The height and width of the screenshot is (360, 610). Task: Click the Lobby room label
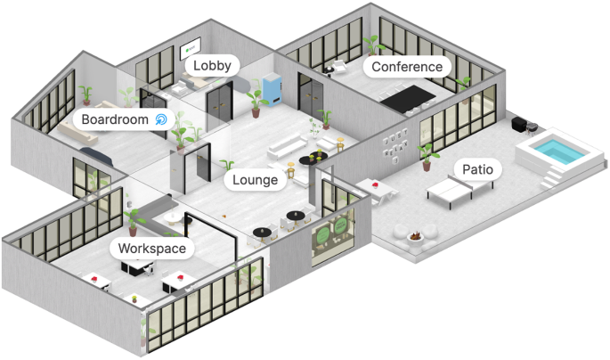pos(212,65)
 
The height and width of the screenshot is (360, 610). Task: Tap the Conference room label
pos(406,67)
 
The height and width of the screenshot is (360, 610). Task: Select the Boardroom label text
pos(115,119)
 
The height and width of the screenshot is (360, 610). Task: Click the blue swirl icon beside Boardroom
pos(161,119)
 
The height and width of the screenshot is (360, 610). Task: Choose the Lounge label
pos(256,180)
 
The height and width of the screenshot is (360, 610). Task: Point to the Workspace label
pos(152,248)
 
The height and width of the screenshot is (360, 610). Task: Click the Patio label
pos(475,168)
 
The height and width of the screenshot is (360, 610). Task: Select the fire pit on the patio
pos(415,237)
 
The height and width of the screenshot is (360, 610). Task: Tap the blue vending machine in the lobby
pos(273,90)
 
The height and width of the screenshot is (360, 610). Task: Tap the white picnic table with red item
pos(373,188)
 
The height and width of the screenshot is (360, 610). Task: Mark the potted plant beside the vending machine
pos(257,101)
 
